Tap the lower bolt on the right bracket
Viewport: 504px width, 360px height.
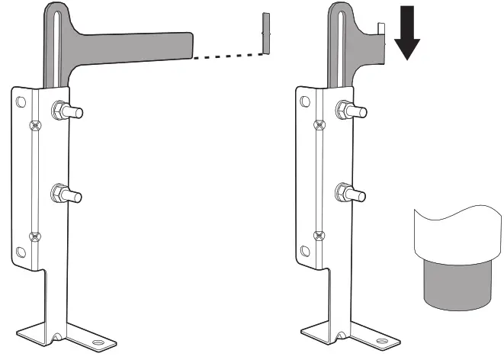348,193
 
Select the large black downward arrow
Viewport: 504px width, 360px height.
409,35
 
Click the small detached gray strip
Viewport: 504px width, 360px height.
266,33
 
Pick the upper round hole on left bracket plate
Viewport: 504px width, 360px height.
20,101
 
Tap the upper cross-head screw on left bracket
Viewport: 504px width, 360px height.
34,124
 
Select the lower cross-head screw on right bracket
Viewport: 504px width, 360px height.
319,236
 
